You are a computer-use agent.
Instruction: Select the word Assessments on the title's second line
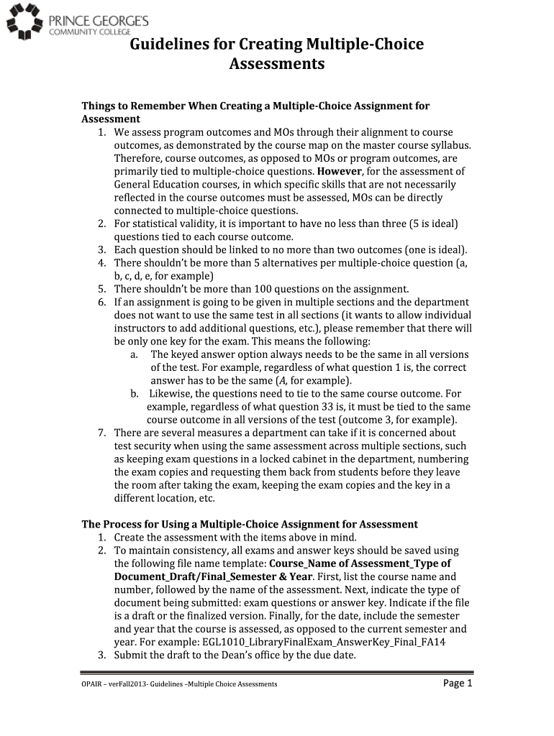276,65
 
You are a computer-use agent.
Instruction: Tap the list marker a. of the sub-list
135,354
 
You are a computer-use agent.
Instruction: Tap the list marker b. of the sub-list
135,394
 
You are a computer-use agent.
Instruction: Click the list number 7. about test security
103,433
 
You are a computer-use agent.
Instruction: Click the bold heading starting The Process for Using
249,524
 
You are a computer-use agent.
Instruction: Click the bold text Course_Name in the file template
321,563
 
